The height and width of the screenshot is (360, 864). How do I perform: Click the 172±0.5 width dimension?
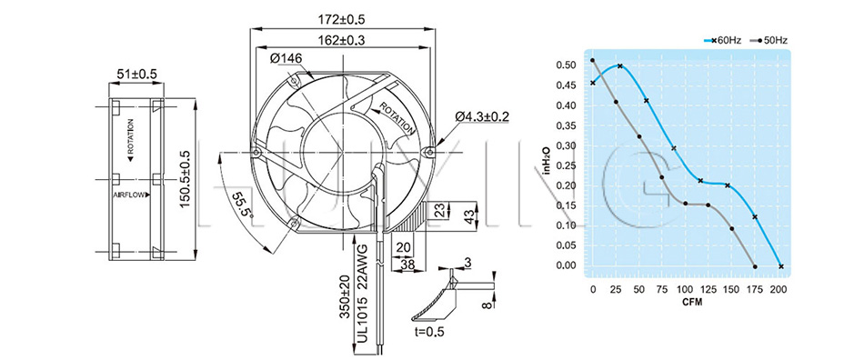click(342, 20)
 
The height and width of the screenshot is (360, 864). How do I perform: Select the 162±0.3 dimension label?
click(342, 40)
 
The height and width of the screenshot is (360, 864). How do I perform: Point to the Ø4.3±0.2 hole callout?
click(482, 116)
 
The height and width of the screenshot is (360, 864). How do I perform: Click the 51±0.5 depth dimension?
click(136, 75)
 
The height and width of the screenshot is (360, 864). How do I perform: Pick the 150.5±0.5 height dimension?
click(186, 180)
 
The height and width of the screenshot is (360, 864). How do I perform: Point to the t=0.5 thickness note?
click(429, 332)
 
